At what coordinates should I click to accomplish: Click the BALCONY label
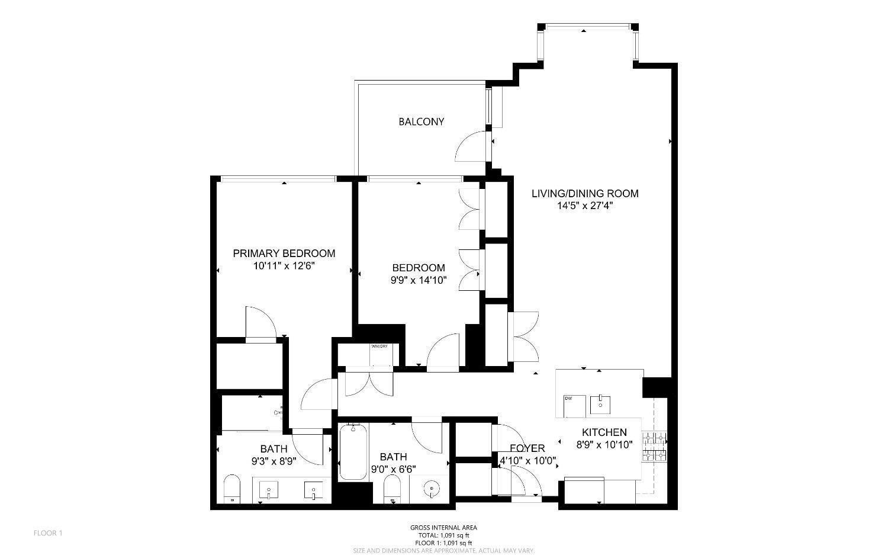tap(421, 121)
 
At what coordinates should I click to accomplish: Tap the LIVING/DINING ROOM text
tap(585, 193)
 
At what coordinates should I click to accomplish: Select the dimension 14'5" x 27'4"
tap(585, 206)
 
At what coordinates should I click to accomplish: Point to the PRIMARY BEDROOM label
tap(284, 254)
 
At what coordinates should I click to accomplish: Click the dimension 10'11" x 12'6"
tap(284, 266)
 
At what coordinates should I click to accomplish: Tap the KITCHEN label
tap(604, 432)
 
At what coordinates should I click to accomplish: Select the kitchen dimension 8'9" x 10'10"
tap(604, 444)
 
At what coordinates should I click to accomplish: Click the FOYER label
tap(527, 448)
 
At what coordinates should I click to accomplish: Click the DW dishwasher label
tap(569, 398)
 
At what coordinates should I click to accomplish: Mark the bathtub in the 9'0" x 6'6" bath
tap(353, 452)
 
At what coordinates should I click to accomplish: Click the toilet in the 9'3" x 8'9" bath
tap(232, 488)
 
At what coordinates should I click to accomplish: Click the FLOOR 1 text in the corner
tap(48, 533)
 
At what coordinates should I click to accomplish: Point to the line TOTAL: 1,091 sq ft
tap(443, 535)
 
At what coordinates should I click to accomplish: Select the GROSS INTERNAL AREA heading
tap(443, 528)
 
